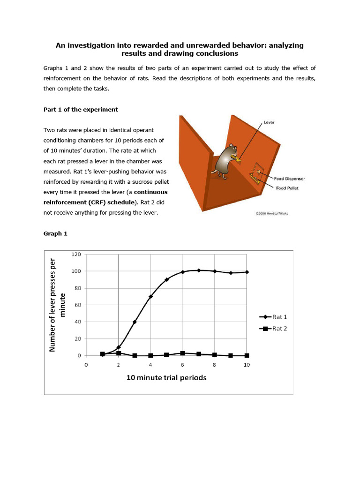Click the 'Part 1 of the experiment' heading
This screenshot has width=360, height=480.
tap(81, 110)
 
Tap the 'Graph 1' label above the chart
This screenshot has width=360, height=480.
tap(55, 233)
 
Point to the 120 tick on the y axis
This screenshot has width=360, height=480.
tap(76, 254)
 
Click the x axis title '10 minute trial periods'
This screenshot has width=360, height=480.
tap(166, 377)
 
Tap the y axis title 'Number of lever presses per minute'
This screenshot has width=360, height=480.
tap(59, 305)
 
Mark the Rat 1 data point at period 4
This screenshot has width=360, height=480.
tap(150, 296)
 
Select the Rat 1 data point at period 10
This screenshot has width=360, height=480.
tap(247, 272)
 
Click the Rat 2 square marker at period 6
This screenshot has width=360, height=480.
tap(183, 353)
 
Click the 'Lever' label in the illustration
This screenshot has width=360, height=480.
tap(269, 122)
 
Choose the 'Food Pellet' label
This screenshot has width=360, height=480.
tap(287, 188)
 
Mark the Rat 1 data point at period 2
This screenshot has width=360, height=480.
tap(118, 347)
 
